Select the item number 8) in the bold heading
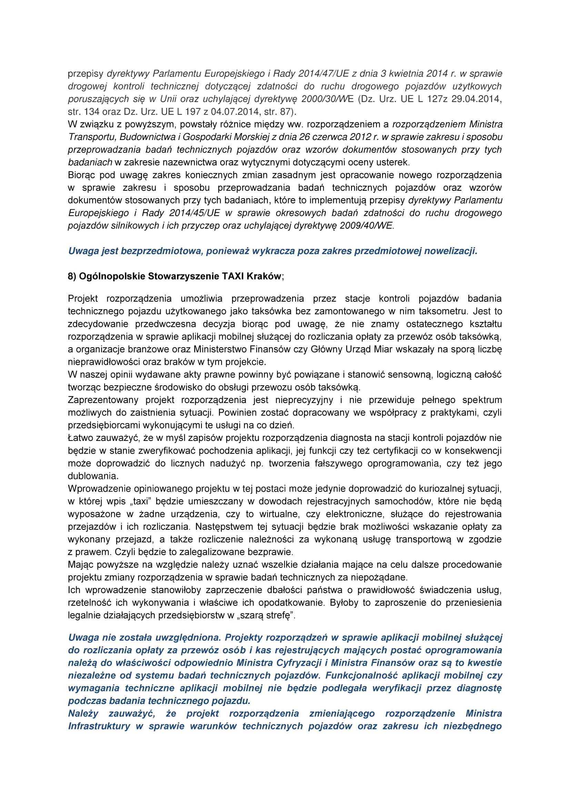(72, 276)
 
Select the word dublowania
(93, 476)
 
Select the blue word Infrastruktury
(99, 726)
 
